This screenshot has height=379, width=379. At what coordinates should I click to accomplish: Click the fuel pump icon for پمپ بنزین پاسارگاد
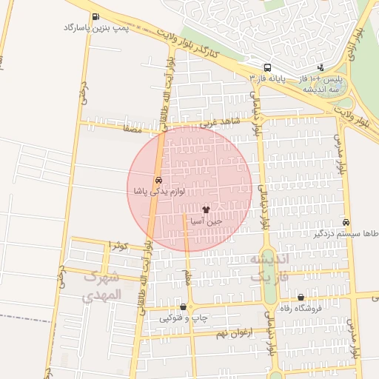pos(95,17)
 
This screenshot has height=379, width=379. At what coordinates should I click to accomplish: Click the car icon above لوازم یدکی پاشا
pos(158,181)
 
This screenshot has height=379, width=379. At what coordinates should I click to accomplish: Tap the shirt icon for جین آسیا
pos(206,210)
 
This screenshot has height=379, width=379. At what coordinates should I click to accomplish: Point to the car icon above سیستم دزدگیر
pos(346,222)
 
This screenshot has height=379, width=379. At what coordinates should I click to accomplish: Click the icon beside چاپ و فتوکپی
pos(183,306)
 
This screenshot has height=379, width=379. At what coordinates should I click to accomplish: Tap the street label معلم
pos(187,277)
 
